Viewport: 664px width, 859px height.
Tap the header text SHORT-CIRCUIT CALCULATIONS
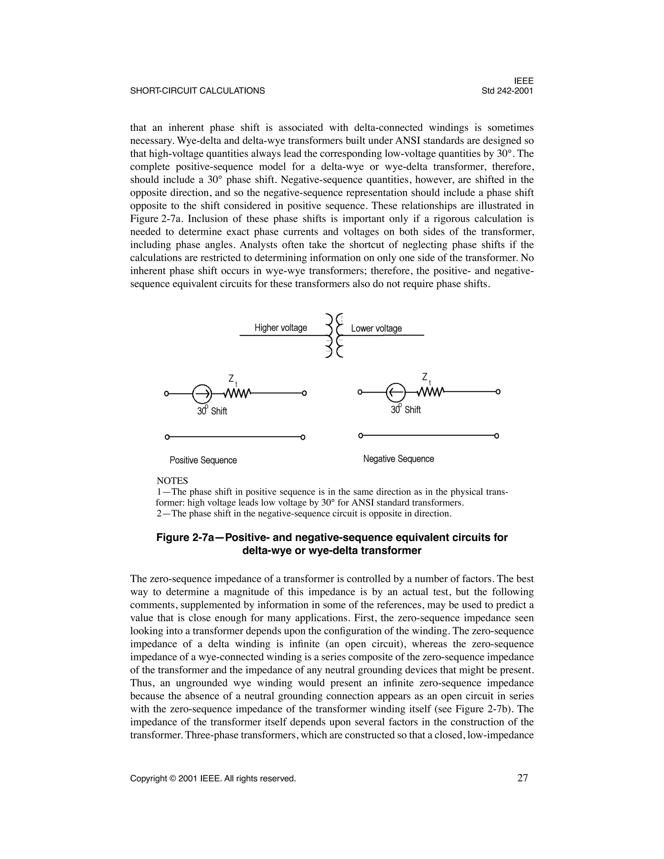(x=197, y=91)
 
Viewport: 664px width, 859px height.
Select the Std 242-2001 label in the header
(x=507, y=91)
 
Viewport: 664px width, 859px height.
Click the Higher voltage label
(x=280, y=328)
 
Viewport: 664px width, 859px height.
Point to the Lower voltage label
(x=376, y=328)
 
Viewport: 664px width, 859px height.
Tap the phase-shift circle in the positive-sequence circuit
(x=202, y=393)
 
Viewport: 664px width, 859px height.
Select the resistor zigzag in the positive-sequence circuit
(x=238, y=393)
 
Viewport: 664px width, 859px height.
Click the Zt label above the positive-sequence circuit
(x=233, y=380)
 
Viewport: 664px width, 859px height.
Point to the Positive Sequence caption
(x=203, y=460)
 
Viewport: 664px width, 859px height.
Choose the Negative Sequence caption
(x=398, y=459)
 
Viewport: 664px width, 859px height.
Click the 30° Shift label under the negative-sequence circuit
(x=406, y=410)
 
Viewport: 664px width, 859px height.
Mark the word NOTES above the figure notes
(x=172, y=481)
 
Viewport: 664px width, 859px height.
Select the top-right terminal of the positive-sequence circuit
(x=304, y=393)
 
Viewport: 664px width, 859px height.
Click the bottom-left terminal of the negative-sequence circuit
(x=360, y=436)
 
